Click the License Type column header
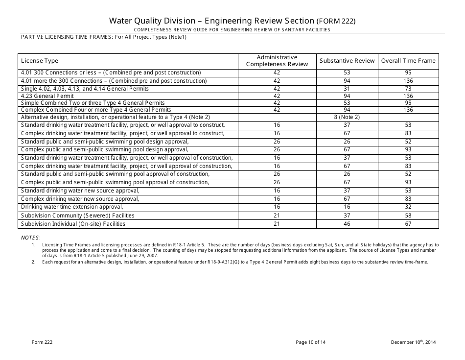[x=40, y=61]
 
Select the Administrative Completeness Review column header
[x=277, y=61]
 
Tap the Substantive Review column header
[x=347, y=61]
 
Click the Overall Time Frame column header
[x=408, y=61]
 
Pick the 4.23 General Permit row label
[x=47, y=96]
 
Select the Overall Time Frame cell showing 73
[x=408, y=89]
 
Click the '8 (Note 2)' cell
[x=347, y=118]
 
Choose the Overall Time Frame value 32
[x=408, y=207]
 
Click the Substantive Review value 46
[x=347, y=224]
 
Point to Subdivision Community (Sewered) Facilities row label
[x=77, y=216]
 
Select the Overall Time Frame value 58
[x=408, y=216]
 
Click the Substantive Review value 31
[x=347, y=89]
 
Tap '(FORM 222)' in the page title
[x=336, y=22]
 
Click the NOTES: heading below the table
[x=31, y=238]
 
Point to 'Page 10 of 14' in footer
[x=311, y=342]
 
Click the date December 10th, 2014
[x=413, y=342]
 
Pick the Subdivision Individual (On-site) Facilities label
[x=73, y=224]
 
